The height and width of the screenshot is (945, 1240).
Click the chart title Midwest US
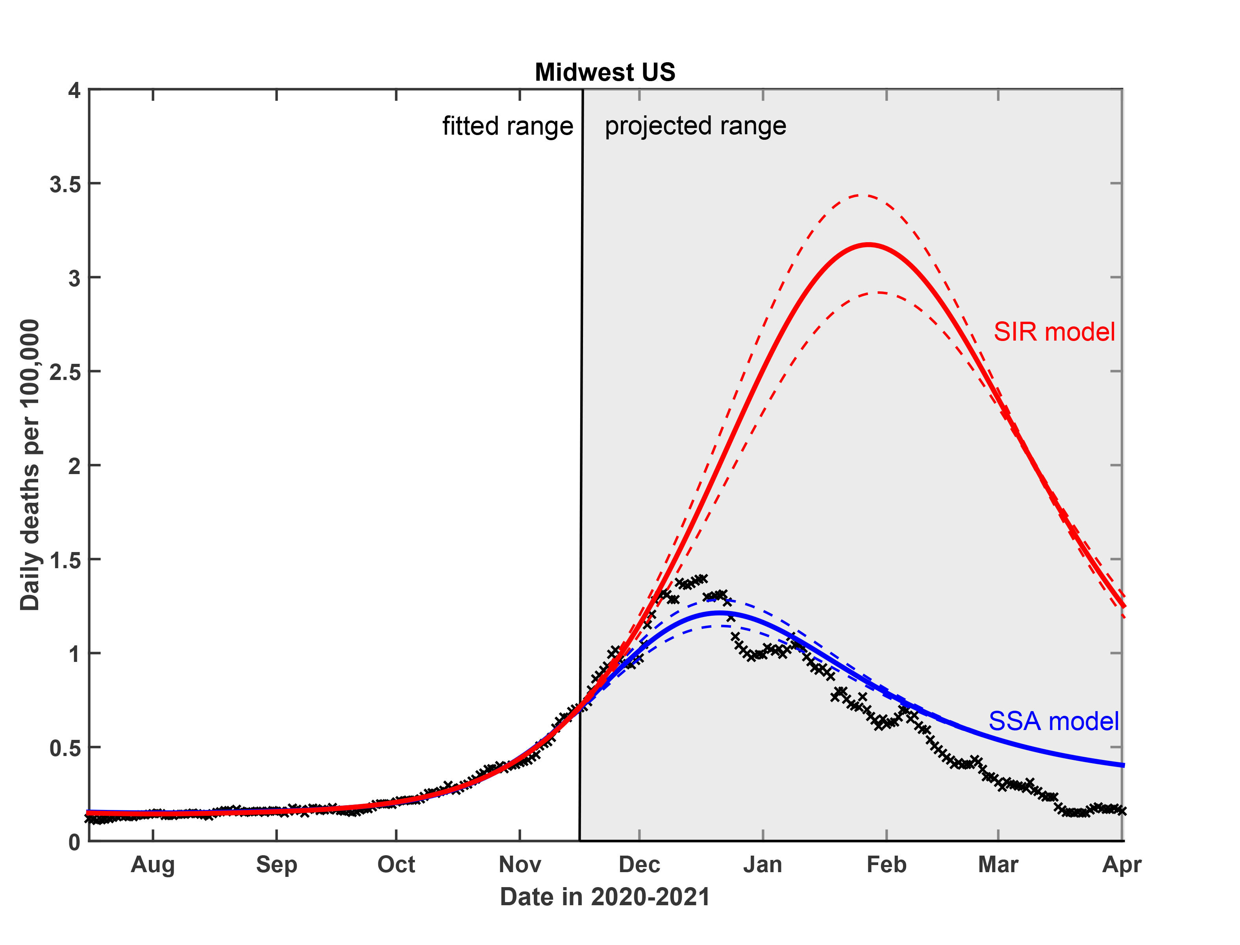605,72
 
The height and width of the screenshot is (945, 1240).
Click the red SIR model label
1054,332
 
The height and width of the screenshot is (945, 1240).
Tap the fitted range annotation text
507,126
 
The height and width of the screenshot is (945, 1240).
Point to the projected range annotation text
695,126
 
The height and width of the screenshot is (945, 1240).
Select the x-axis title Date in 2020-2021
605,897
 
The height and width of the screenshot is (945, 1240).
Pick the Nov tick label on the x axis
520,865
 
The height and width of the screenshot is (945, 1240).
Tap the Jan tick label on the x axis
763,865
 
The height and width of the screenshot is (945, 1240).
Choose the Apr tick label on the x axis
1122,865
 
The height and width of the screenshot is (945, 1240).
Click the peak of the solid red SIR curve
869,245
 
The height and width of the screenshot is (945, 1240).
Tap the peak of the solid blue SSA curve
720,613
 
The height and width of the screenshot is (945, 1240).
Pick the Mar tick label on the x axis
998,865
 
